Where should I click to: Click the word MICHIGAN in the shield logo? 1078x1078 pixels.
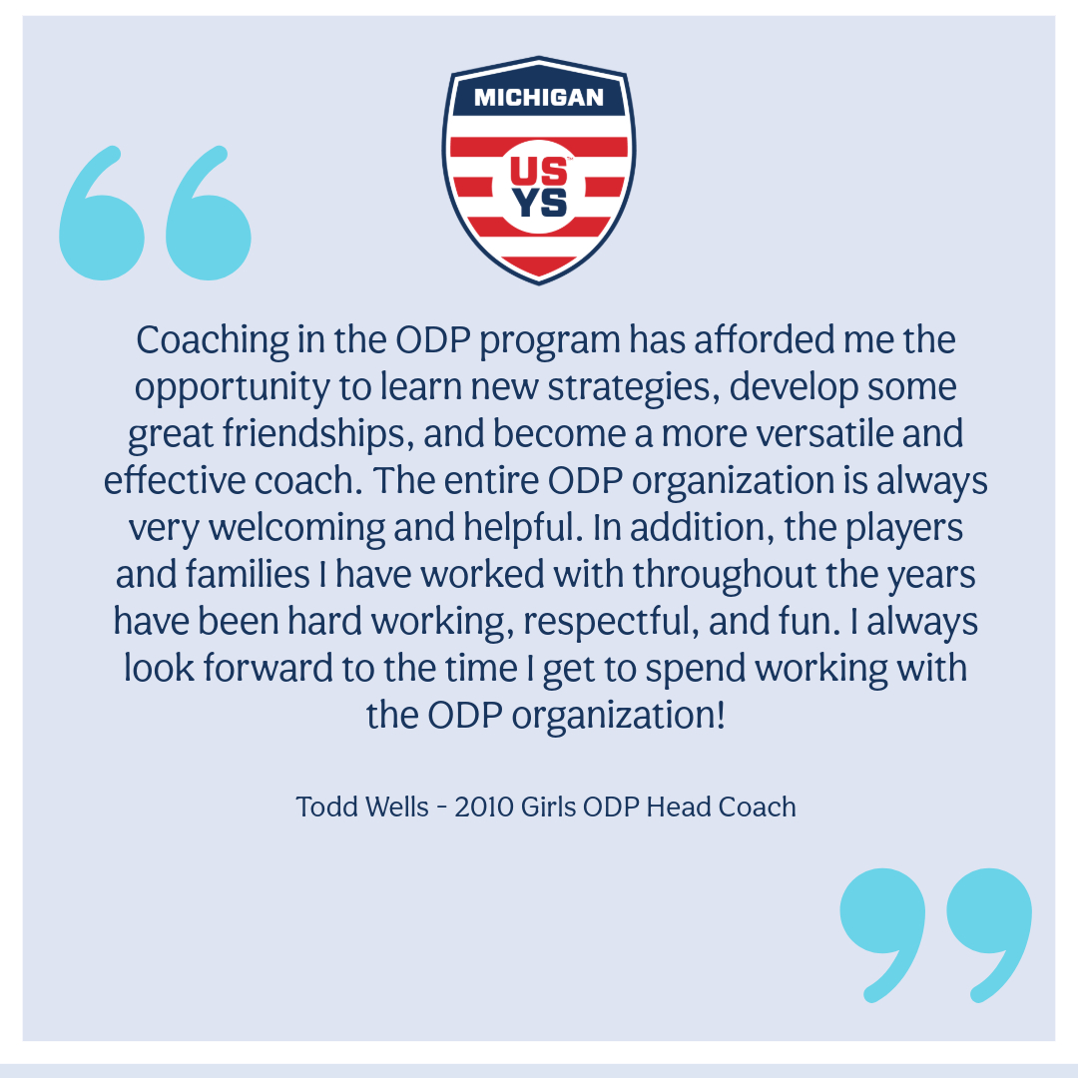coord(538,98)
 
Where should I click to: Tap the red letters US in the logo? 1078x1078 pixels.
coord(539,172)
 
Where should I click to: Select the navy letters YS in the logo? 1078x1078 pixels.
coord(539,203)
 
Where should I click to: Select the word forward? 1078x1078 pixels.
coord(271,669)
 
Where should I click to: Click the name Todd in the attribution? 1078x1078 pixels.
coord(320,807)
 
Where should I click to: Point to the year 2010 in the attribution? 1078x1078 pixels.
coord(483,807)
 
